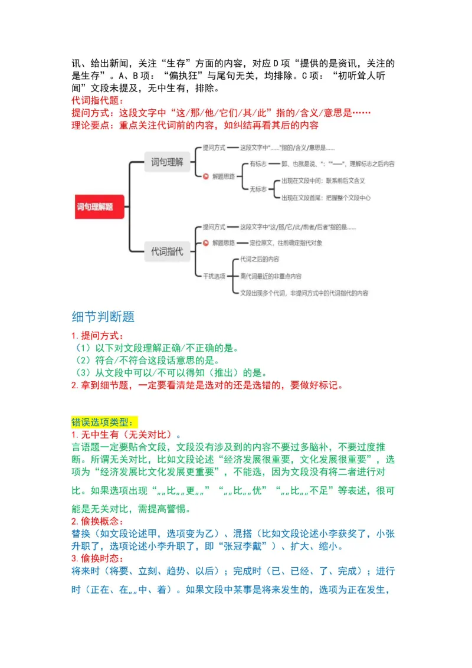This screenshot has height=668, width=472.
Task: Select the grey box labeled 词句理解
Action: click(168, 161)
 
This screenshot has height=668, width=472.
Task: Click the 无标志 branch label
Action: click(260, 189)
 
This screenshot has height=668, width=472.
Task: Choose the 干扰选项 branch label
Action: click(214, 276)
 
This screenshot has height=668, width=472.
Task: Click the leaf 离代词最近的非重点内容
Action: click(271, 276)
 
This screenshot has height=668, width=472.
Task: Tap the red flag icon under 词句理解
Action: click(205, 176)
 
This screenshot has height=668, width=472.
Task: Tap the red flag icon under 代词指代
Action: click(205, 243)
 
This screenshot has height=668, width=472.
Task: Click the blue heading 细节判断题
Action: click(103, 317)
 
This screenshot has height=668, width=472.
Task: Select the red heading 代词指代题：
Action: click(94, 100)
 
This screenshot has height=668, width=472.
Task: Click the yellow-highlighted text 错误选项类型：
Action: click(104, 423)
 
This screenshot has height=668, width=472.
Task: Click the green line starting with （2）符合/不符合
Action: click(145, 360)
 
